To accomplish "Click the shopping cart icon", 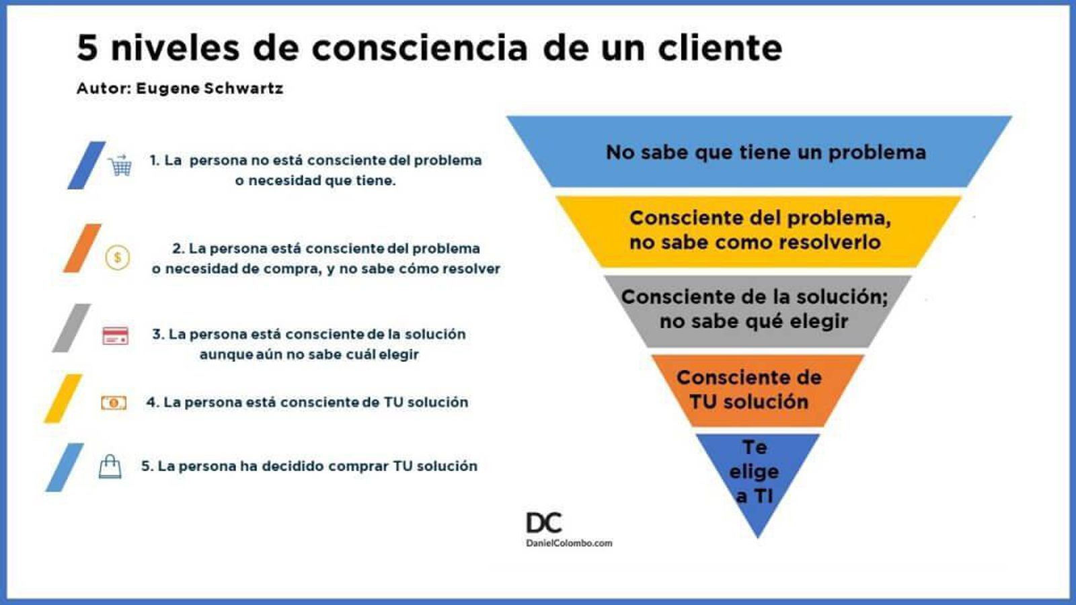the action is (x=120, y=165).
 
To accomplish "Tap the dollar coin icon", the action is (x=118, y=257).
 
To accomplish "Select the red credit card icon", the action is (x=115, y=335).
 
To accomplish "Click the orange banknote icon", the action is (x=114, y=403).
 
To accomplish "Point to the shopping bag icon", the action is (x=110, y=467).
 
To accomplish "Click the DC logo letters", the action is (x=544, y=523).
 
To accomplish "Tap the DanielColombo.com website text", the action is (x=569, y=543).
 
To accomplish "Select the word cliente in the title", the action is (x=720, y=48).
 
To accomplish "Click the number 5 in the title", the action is (x=87, y=48).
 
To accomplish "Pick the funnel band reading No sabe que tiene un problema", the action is (x=759, y=152).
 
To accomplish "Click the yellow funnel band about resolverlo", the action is (x=759, y=231).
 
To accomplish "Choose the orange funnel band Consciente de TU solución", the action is (x=757, y=391).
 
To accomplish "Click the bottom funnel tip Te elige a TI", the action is (x=757, y=473).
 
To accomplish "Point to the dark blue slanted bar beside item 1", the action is (x=87, y=165).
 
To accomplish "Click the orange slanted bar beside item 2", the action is (x=82, y=248).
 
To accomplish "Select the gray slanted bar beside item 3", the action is (x=71, y=328).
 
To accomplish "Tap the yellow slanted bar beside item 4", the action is (x=63, y=399).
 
